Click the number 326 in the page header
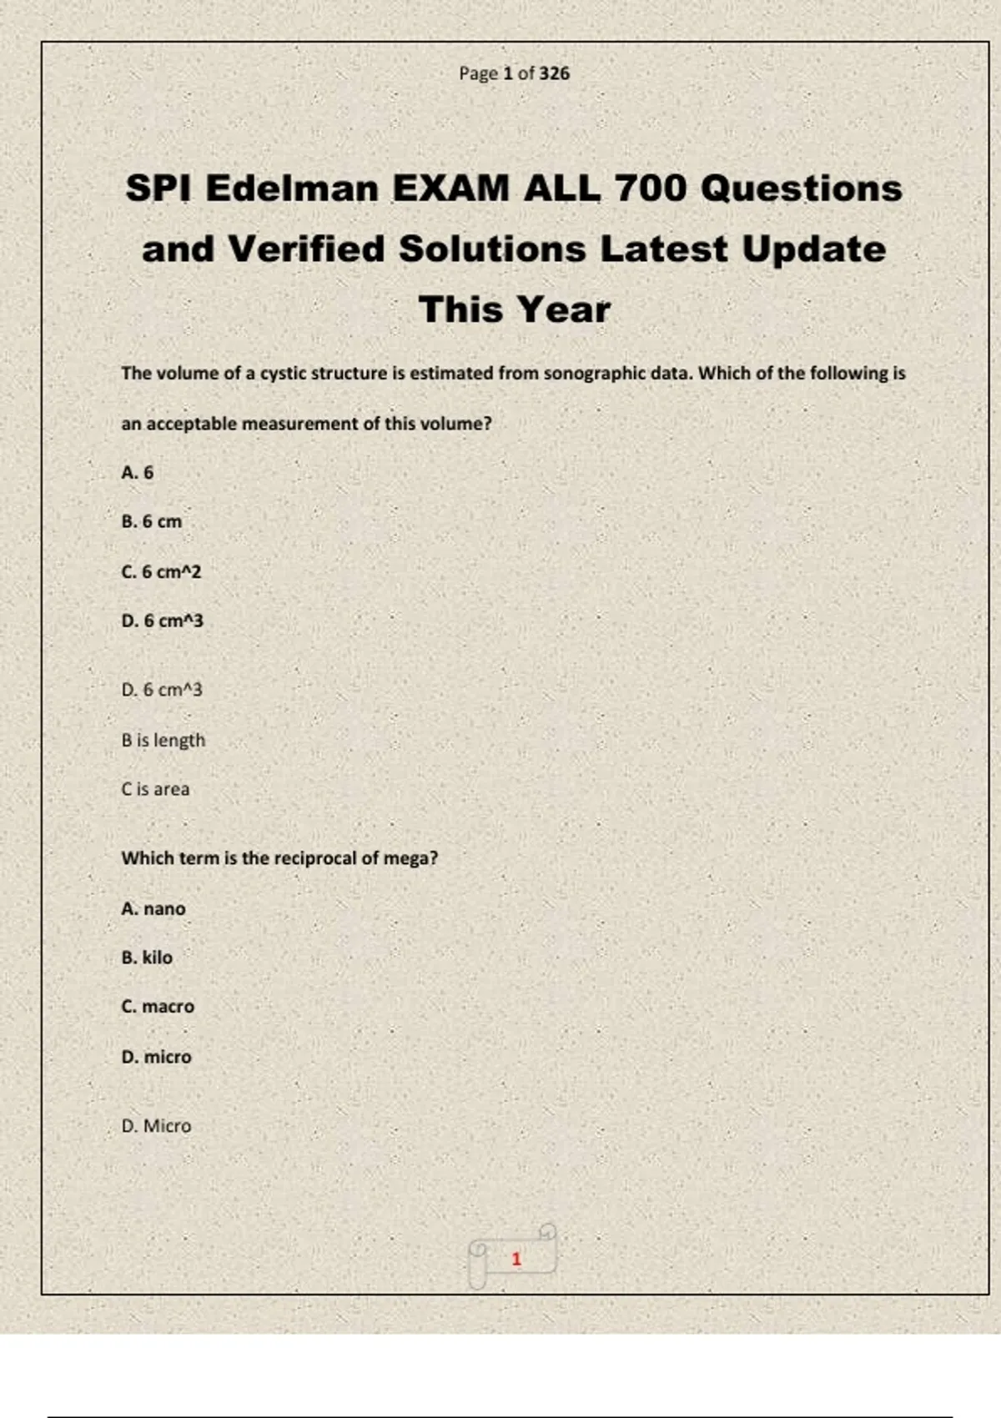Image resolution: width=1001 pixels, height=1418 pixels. click(x=554, y=73)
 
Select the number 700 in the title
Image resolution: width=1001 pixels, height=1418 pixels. click(x=650, y=189)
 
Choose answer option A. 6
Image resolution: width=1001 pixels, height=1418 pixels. click(x=138, y=473)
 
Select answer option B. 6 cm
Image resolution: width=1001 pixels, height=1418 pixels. click(x=151, y=522)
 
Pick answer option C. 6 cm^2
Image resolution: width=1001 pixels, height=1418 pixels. click(x=161, y=572)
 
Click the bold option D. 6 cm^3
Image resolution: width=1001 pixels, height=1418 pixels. click(x=162, y=621)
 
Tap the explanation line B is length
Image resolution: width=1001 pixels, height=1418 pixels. click(x=163, y=741)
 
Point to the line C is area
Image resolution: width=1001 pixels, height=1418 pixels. click(x=155, y=789)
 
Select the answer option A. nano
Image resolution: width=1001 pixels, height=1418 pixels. click(x=153, y=909)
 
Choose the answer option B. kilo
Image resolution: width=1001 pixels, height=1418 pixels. click(x=147, y=958)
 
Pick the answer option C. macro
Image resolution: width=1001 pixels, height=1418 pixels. click(x=158, y=1007)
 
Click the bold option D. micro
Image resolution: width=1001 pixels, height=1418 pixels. click(x=156, y=1057)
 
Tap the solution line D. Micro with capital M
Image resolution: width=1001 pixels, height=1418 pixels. click(x=156, y=1126)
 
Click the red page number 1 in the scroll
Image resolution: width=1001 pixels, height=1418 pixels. click(x=516, y=1259)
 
